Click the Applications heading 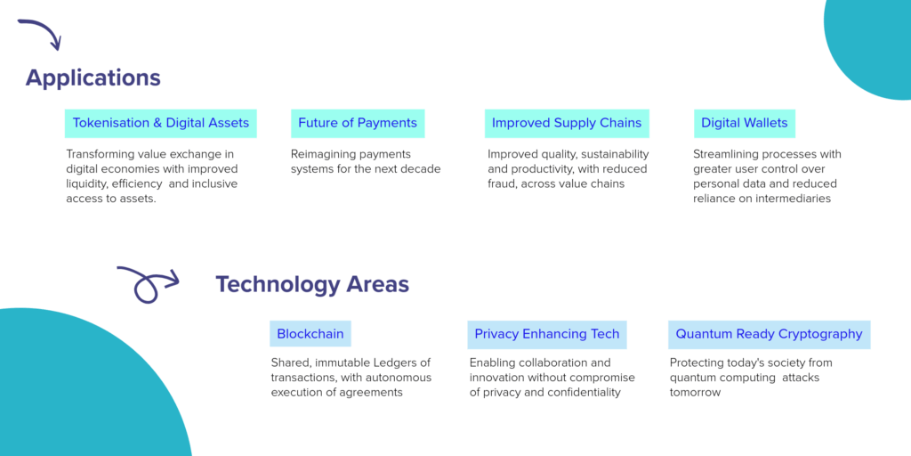(x=93, y=78)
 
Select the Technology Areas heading (x=312, y=284)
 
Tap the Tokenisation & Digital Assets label (x=160, y=123)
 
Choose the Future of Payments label (x=358, y=123)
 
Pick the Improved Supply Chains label (x=567, y=123)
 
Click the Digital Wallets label (x=745, y=123)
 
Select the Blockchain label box (x=310, y=334)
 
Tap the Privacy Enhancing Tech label (x=547, y=334)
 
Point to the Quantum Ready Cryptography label (x=769, y=334)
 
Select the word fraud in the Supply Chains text (x=501, y=183)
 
